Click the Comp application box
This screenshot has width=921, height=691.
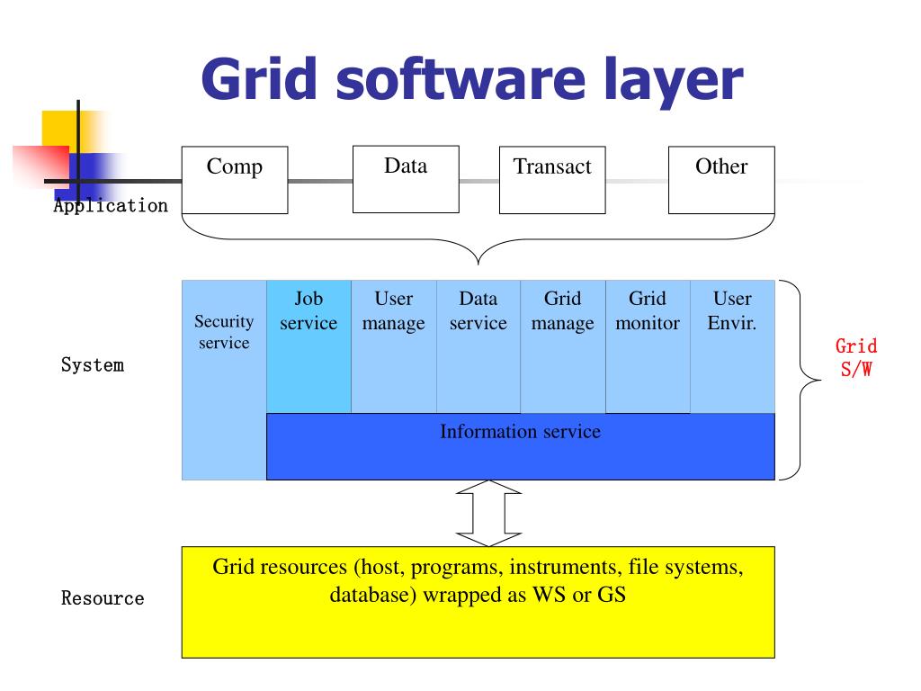click(x=235, y=180)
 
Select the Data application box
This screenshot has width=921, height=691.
click(x=406, y=179)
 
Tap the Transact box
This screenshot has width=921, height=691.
click(x=552, y=180)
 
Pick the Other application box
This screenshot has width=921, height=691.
click(x=721, y=180)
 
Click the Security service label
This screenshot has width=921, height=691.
click(x=224, y=332)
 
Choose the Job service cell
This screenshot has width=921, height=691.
click(x=308, y=346)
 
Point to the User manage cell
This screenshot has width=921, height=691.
click(x=393, y=346)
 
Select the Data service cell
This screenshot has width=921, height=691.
click(x=478, y=346)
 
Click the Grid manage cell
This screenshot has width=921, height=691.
click(x=562, y=346)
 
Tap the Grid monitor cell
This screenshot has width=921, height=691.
click(x=647, y=346)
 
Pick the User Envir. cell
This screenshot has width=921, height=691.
click(x=732, y=346)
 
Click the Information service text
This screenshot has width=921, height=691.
click(x=520, y=432)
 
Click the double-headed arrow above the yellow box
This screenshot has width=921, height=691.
click(x=488, y=513)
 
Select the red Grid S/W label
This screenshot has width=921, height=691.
click(x=855, y=357)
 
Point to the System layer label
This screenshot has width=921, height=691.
click(x=93, y=365)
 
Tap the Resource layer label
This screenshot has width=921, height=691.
click(x=103, y=598)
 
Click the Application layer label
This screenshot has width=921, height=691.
click(x=111, y=205)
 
